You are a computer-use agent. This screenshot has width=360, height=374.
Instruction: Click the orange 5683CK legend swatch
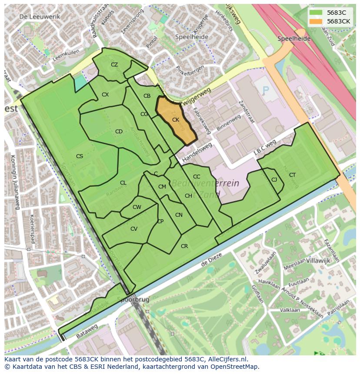[x=316, y=21]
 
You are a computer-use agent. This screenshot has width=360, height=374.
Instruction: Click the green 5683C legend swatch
[x=316, y=13]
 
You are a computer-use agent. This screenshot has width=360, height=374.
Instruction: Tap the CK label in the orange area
[x=176, y=120]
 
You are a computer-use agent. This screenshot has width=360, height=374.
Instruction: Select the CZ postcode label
[x=114, y=65]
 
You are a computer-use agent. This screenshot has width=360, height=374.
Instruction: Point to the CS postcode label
[x=80, y=156]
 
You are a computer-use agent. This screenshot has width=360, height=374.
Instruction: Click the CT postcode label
[x=292, y=175]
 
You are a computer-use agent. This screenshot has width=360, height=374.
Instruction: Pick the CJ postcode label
[x=274, y=180]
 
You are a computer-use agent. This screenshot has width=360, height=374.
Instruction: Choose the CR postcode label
[x=184, y=246]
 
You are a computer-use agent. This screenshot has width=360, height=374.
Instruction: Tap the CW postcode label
[x=137, y=207]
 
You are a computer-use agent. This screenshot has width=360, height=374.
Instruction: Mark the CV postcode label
[x=134, y=229]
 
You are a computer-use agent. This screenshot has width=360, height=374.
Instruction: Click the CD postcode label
[x=119, y=132]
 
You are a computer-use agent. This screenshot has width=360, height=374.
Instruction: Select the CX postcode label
[x=105, y=95]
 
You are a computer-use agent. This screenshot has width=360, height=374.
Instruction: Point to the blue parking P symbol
[x=266, y=91]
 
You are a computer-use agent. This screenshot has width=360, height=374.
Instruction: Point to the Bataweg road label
[x=87, y=330]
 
